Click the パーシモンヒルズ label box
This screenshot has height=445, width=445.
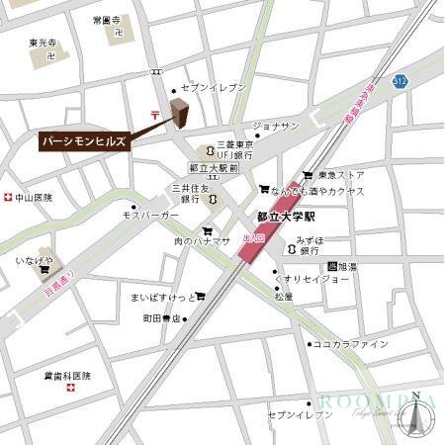click(85, 142)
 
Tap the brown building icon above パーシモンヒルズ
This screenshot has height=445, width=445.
click(181, 114)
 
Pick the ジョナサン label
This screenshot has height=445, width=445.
click(276, 126)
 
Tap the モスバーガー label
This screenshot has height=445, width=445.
click(150, 215)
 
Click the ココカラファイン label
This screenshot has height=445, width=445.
click(350, 344)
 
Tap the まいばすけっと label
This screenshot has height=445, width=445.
click(159, 296)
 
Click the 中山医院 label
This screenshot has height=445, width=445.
click(33, 198)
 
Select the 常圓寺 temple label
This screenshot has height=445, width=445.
click(105, 20)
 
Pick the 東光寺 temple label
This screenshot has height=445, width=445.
click(44, 44)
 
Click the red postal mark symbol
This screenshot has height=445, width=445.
click(154, 115)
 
